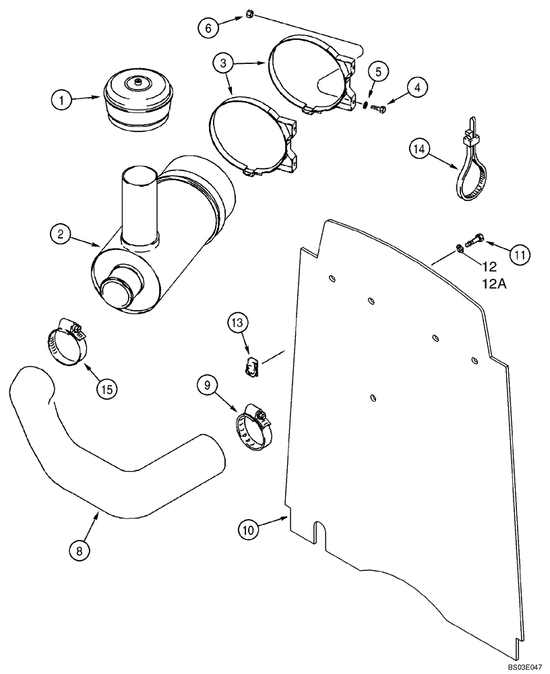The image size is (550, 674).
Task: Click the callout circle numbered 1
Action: (x=62, y=100)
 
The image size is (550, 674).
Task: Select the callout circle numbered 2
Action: (x=61, y=235)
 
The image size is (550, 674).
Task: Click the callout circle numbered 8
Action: (x=80, y=550)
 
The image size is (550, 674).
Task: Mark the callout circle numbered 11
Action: (x=520, y=254)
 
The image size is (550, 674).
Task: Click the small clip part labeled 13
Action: (x=251, y=367)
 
